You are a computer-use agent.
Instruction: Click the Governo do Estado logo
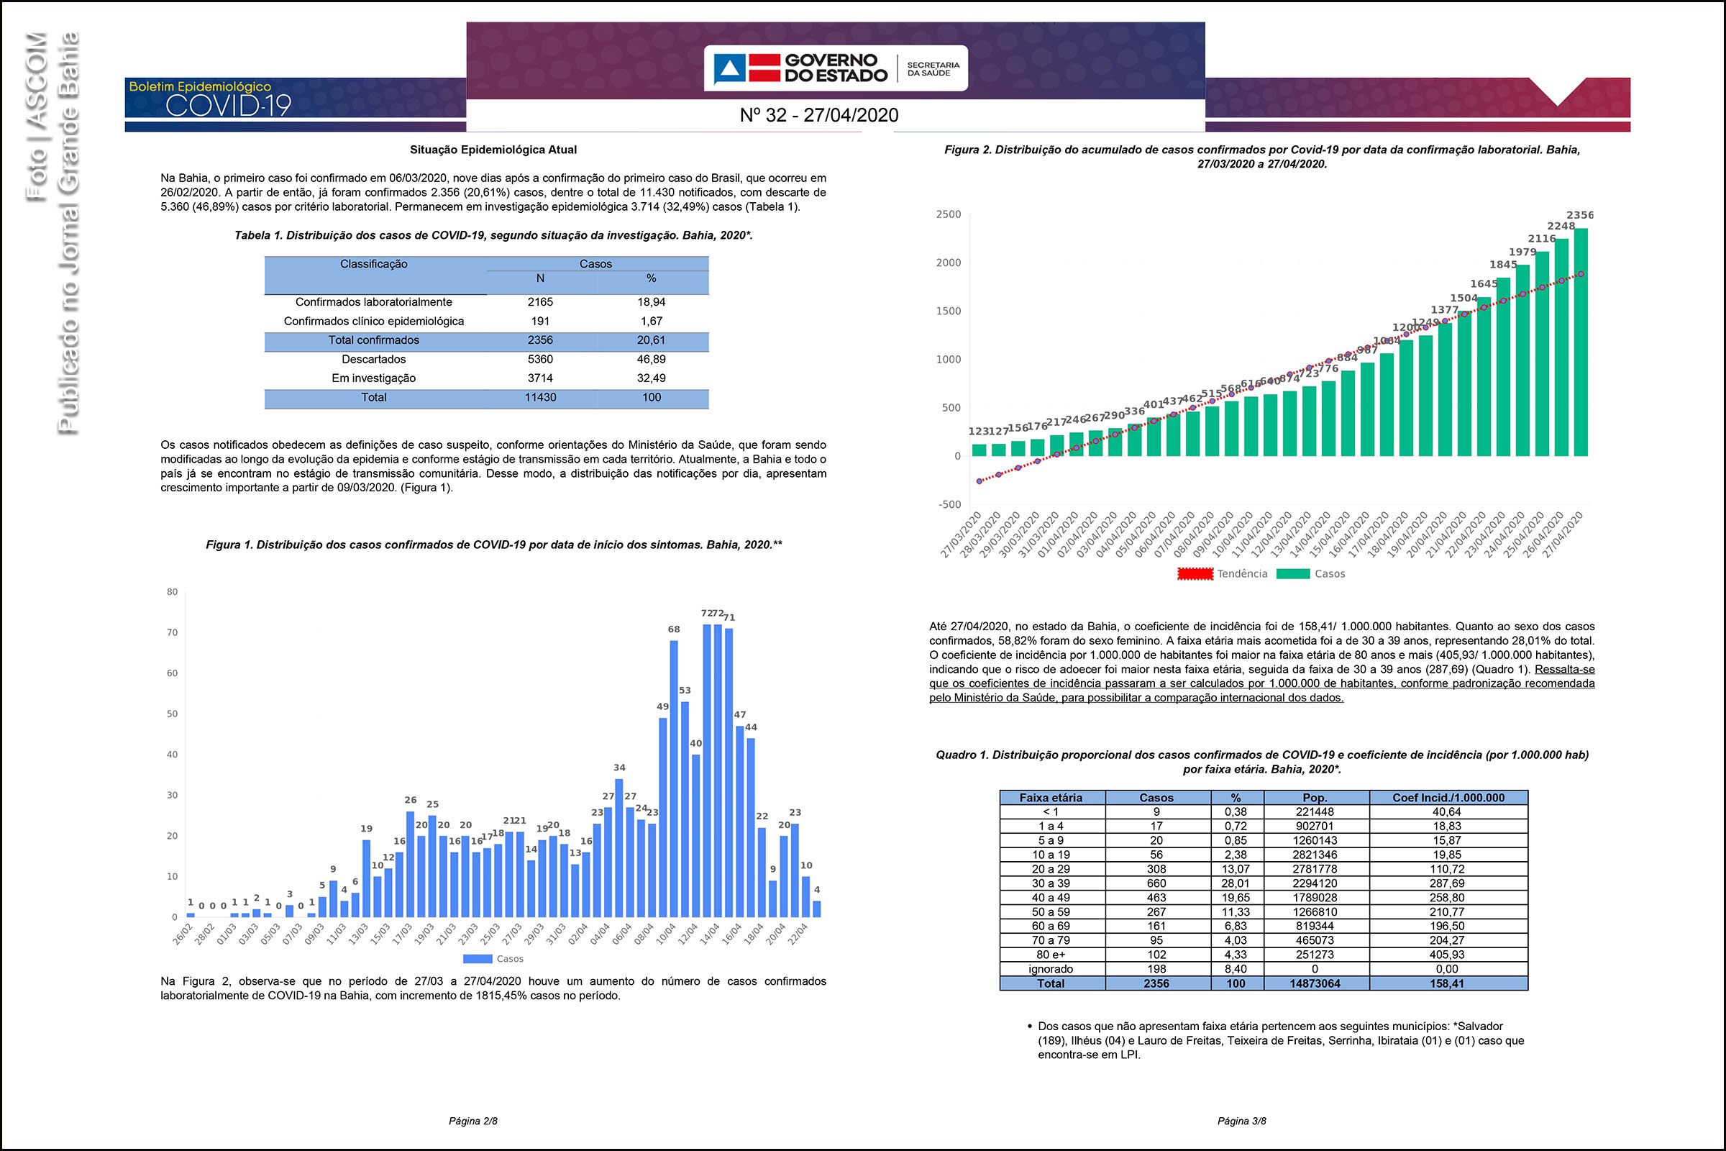835,68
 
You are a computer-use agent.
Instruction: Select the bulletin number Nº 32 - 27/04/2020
819,115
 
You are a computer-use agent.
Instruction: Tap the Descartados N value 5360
540,359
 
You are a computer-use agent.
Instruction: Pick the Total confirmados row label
373,340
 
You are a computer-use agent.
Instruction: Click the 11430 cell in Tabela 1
540,397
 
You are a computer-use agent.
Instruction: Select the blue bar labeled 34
618,848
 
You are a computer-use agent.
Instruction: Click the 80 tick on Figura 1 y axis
173,591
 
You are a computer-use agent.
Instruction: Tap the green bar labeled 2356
1581,342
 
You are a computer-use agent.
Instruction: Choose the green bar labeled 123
979,450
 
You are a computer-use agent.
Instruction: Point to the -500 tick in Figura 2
949,504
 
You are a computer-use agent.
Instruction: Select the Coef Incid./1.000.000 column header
1448,797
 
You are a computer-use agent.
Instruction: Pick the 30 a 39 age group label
1051,883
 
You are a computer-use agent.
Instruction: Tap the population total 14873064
1315,983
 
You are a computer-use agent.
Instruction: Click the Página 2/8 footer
473,1121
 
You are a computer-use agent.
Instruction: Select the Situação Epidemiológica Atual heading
493,150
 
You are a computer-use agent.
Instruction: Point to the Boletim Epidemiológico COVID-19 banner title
210,99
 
